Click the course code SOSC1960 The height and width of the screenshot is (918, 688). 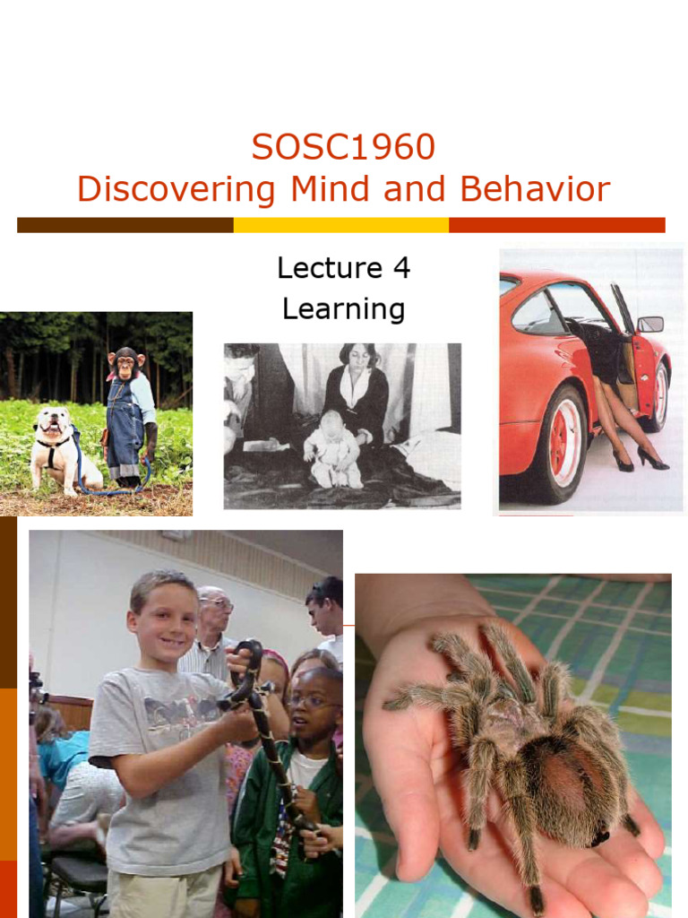343,147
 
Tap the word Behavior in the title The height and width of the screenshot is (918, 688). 535,189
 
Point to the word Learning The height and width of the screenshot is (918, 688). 343,308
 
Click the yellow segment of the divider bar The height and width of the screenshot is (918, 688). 340,225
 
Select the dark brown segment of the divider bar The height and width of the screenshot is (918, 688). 125,225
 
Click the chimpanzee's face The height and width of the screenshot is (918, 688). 125,364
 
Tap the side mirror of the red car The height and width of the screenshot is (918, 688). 650,324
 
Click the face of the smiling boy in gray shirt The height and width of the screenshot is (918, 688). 166,622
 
